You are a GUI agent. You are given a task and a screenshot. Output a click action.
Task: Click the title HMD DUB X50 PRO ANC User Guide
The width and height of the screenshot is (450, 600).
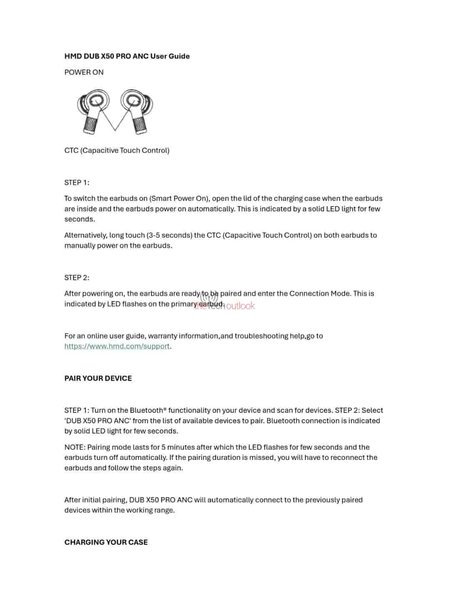tap(127, 56)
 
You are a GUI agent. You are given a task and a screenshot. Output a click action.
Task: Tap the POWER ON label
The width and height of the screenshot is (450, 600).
tap(84, 72)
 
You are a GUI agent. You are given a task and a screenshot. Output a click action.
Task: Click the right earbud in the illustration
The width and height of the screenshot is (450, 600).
tap(136, 110)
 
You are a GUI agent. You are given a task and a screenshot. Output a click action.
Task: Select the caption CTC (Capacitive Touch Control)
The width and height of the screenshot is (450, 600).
tap(117, 150)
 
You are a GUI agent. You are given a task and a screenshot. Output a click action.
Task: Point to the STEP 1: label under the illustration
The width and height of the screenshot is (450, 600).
tap(77, 182)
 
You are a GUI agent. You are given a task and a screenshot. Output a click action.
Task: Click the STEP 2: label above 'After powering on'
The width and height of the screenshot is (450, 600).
tap(77, 277)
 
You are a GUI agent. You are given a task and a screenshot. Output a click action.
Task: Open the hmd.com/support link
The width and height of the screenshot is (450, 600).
tap(117, 346)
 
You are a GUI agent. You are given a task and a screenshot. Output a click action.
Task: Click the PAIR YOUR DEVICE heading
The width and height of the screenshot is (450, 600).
tap(98, 378)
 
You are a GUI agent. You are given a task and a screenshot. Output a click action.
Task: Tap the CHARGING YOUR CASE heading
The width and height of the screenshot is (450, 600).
tap(106, 542)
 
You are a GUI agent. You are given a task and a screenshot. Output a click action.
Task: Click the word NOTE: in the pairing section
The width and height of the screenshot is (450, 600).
tap(75, 447)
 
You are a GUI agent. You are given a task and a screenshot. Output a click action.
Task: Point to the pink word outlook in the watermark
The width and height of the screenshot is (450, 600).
tap(240, 306)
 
